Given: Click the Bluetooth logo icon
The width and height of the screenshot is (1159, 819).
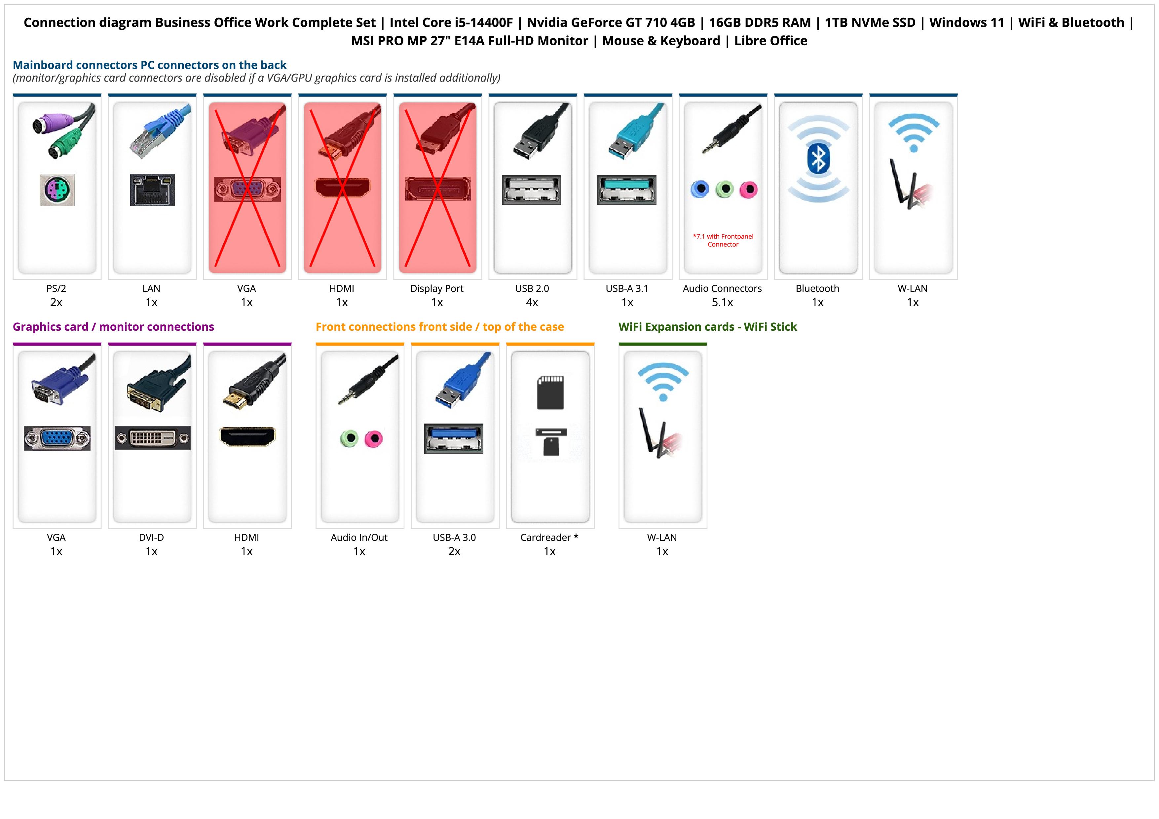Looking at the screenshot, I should click(x=818, y=159).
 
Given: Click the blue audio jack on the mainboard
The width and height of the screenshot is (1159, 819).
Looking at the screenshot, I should click(x=700, y=189).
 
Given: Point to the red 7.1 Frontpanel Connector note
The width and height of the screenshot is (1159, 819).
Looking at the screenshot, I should click(x=723, y=240).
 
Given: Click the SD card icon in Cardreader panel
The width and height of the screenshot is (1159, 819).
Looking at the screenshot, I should click(x=550, y=392).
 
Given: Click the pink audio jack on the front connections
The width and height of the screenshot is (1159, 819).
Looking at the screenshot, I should click(x=374, y=438).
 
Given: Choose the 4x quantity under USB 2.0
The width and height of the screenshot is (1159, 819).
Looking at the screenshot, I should click(x=532, y=302).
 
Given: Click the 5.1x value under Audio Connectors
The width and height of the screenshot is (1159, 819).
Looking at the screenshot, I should click(x=722, y=302).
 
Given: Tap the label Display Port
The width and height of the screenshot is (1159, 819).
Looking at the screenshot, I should click(x=437, y=289).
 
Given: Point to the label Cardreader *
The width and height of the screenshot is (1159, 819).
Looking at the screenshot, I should click(x=549, y=538).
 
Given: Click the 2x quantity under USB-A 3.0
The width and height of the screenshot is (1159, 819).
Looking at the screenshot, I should click(x=454, y=551).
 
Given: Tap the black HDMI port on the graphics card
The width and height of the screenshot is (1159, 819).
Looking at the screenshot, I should click(x=247, y=436).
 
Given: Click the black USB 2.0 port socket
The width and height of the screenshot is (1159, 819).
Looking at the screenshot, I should click(x=532, y=190).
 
